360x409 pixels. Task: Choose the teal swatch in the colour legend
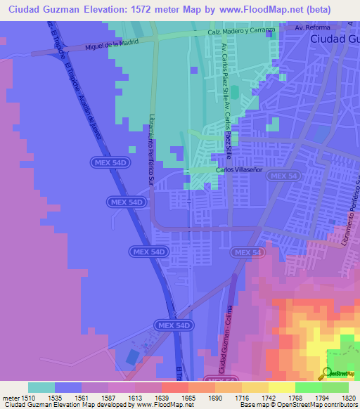point(41,387)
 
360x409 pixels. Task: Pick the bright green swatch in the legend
point(309,387)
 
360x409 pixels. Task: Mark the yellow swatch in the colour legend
point(282,387)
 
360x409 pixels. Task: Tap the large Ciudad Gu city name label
point(334,39)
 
